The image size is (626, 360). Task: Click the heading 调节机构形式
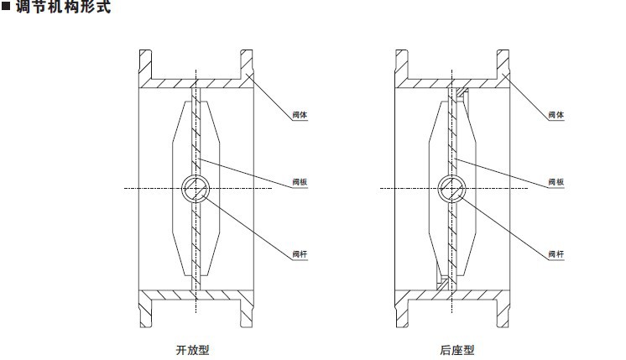(63, 7)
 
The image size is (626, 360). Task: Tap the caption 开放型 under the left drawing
(192, 350)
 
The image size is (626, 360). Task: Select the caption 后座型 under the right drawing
(457, 350)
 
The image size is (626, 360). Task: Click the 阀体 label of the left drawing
(300, 115)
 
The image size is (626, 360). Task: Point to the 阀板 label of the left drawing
(300, 182)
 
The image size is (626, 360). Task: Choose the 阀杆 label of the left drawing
(300, 254)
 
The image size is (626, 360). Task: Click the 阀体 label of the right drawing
(556, 115)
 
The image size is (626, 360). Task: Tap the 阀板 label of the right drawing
(556, 182)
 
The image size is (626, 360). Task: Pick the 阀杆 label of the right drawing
(556, 254)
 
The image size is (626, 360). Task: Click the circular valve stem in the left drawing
(196, 188)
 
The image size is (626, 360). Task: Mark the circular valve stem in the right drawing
(452, 188)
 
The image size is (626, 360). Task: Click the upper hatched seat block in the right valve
(462, 92)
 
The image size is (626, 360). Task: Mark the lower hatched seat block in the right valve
(442, 284)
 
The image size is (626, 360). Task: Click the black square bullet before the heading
(6, 7)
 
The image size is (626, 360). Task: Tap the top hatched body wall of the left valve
(196, 83)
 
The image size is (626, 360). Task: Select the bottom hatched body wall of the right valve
(452, 295)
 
